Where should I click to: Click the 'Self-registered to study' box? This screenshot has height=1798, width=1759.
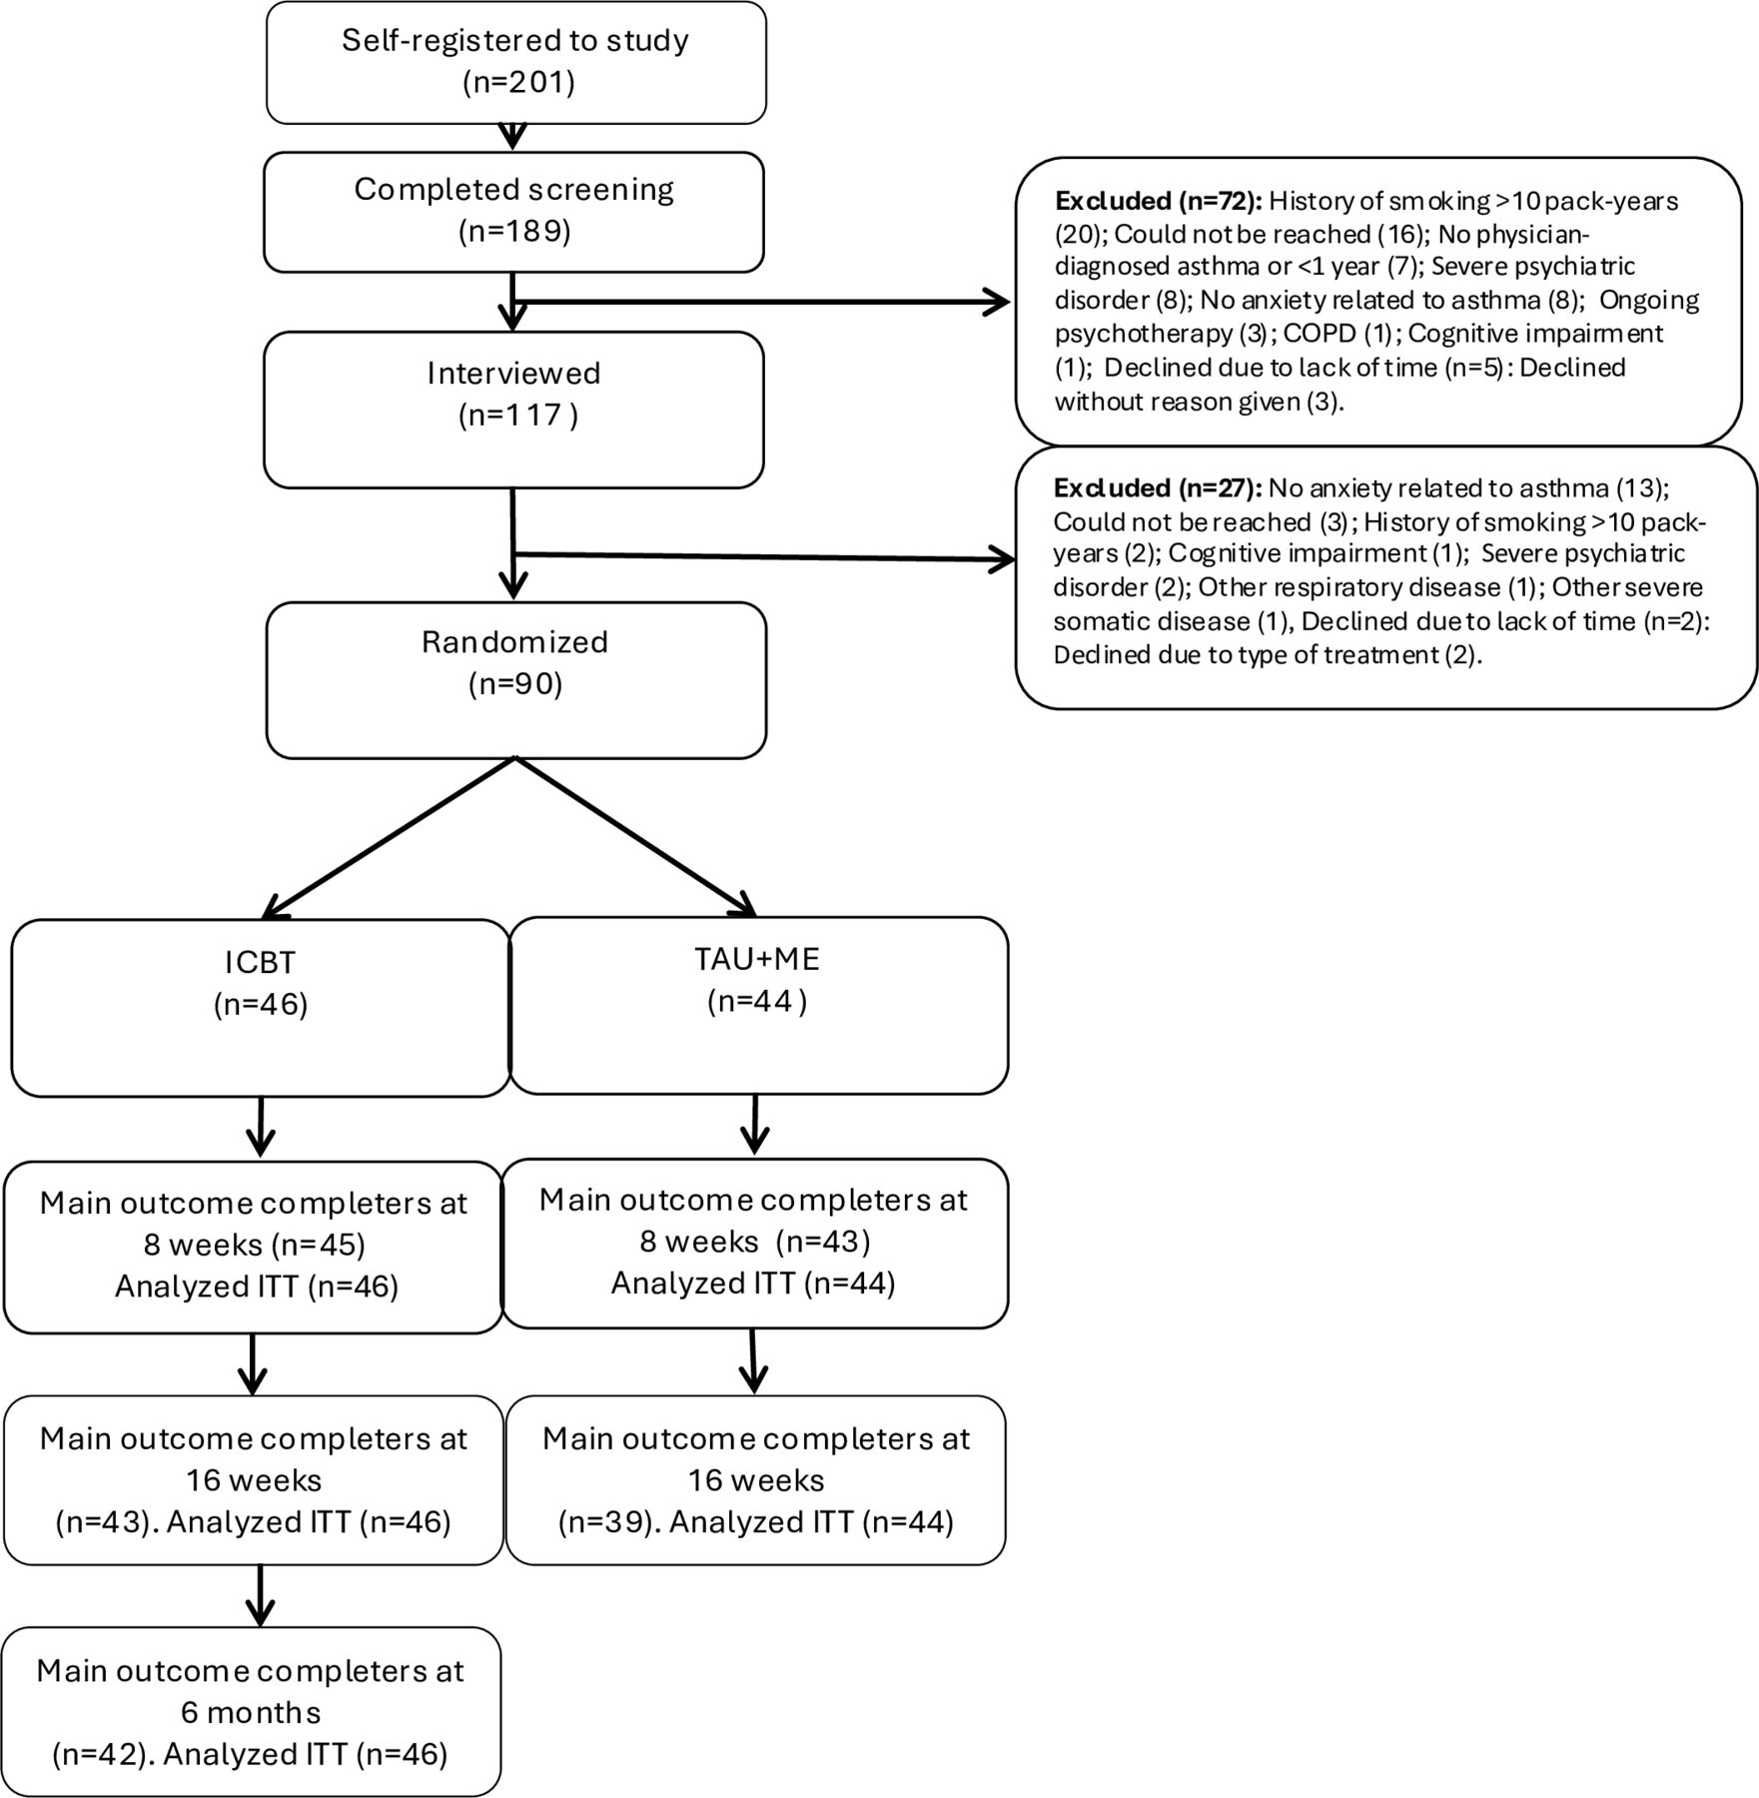point(515,62)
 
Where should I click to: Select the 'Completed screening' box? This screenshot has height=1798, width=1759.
point(513,212)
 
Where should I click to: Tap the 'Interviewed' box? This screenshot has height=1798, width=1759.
point(513,410)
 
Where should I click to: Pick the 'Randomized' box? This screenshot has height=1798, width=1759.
point(515,679)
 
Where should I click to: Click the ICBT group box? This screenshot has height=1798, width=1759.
point(261,1007)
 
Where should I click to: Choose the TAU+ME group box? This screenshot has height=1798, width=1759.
point(758,1005)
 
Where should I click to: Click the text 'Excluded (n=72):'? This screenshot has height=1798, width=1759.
point(1159,201)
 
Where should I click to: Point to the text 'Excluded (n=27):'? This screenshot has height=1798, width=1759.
point(1157,488)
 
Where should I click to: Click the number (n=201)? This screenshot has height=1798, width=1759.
point(518,82)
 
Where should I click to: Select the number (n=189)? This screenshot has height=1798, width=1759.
point(514,232)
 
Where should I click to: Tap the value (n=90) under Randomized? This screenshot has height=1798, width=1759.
point(515,684)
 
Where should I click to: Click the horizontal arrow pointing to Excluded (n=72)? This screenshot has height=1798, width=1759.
point(761,301)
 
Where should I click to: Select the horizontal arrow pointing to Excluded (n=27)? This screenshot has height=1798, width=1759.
point(764,557)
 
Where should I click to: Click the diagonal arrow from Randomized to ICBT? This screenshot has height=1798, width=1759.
point(389,837)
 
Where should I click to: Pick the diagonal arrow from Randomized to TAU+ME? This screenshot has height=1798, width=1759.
point(636,836)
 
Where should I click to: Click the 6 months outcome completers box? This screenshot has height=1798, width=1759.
point(252,1711)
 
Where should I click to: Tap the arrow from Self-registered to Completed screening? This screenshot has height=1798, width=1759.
point(512,137)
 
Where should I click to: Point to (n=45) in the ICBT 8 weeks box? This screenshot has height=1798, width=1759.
point(320,1245)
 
